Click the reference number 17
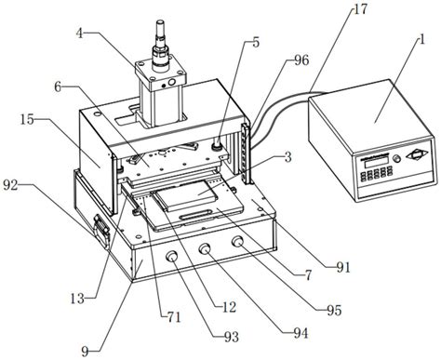point(361,8)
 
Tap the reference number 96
point(301,60)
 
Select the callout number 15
point(28,119)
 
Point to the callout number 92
point(11,185)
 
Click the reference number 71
point(173,317)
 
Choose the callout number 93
point(231,337)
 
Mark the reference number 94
point(301,333)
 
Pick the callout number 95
point(334,310)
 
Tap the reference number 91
point(343,267)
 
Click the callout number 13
point(77,299)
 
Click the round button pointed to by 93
point(171,256)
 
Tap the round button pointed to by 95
point(238,242)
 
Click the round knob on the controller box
point(396,159)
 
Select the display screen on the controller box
point(373,162)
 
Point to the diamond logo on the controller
point(416,153)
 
